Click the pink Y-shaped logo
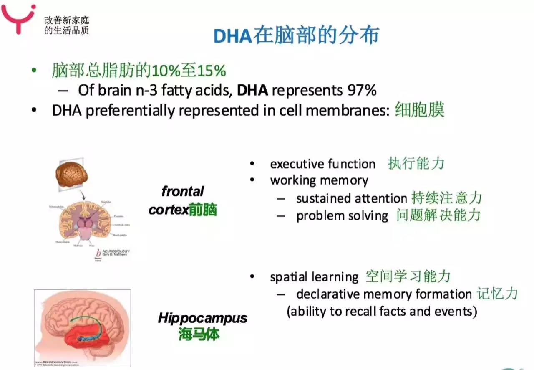tap(17, 17)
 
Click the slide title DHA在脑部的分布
tap(296, 36)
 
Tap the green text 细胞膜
tap(419, 110)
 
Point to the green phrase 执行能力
tap(416, 164)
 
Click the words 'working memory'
tap(319, 180)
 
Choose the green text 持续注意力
tap(446, 198)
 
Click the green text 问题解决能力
tap(438, 215)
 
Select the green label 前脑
tap(203, 210)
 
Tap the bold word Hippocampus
tap(202, 318)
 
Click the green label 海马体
tap(199, 335)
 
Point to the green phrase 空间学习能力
tap(408, 276)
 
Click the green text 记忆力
tap(497, 294)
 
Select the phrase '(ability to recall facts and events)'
tap(381, 312)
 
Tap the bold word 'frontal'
tap(182, 192)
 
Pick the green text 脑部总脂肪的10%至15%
tap(139, 71)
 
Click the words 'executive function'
tap(322, 164)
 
